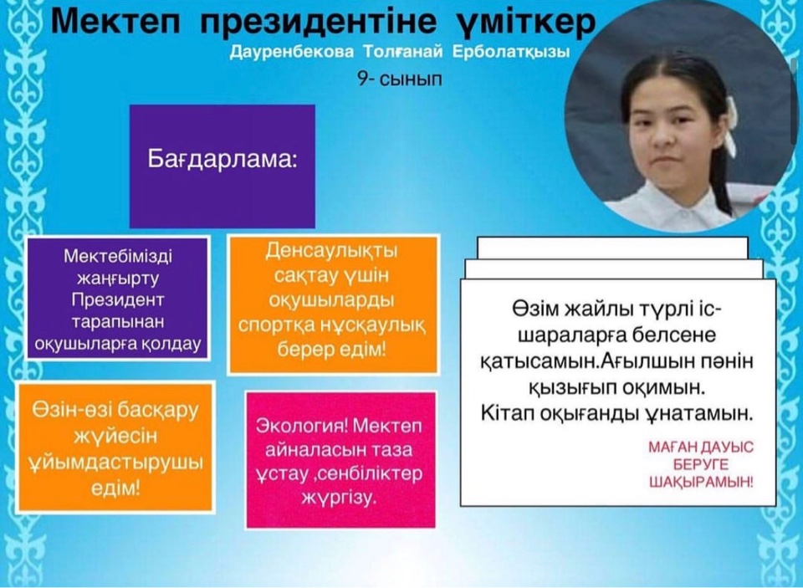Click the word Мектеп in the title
pyautogui.click(x=115, y=22)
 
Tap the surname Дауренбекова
pyautogui.click(x=292, y=53)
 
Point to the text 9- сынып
pyautogui.click(x=400, y=79)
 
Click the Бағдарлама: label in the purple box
pyautogui.click(x=222, y=159)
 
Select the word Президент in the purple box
pyautogui.click(x=118, y=300)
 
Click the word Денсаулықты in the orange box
pyautogui.click(x=332, y=252)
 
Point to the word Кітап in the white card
pyautogui.click(x=505, y=413)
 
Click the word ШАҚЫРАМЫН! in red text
pyautogui.click(x=701, y=482)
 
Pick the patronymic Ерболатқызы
pyautogui.click(x=511, y=53)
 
